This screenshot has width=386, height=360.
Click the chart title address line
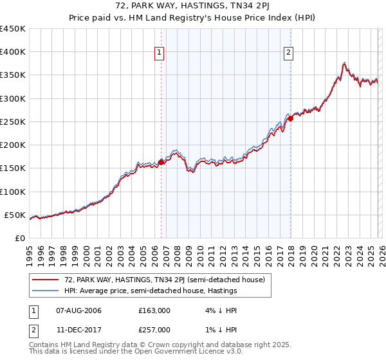pyautogui.click(x=193, y=7)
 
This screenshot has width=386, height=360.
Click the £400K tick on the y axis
pyautogui.click(x=13, y=52)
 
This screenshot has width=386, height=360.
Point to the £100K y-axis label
pyautogui.click(x=13, y=192)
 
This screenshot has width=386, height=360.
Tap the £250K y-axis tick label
pyautogui.click(x=13, y=122)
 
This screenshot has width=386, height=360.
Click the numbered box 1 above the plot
pyautogui.click(x=159, y=53)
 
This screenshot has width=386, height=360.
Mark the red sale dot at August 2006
pyautogui.click(x=161, y=162)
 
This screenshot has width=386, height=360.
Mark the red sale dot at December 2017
pyautogui.click(x=290, y=118)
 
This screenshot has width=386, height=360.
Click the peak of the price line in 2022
pyautogui.click(x=345, y=63)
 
